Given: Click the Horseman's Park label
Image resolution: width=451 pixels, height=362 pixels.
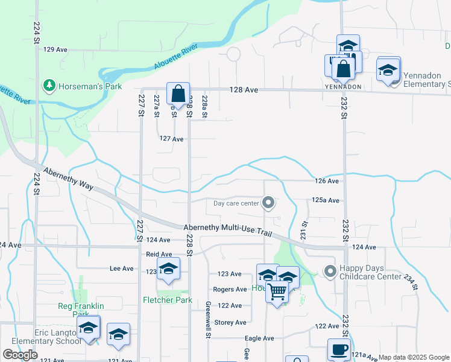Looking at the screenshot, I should [90, 86].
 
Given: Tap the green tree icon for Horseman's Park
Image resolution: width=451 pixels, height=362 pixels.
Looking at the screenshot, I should [49, 86].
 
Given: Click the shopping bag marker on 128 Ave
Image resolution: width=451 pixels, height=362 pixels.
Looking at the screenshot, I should [178, 94].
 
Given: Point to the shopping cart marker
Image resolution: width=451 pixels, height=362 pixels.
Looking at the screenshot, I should [277, 291].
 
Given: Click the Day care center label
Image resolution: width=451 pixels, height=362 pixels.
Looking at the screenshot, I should [236, 203].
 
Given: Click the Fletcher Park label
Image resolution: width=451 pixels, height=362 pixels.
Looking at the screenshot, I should [166, 300].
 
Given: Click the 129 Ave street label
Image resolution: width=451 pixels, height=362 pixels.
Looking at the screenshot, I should [55, 49].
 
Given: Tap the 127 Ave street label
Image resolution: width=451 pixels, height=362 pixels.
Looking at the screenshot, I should [171, 139].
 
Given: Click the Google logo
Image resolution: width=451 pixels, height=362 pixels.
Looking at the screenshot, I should [20, 355].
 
